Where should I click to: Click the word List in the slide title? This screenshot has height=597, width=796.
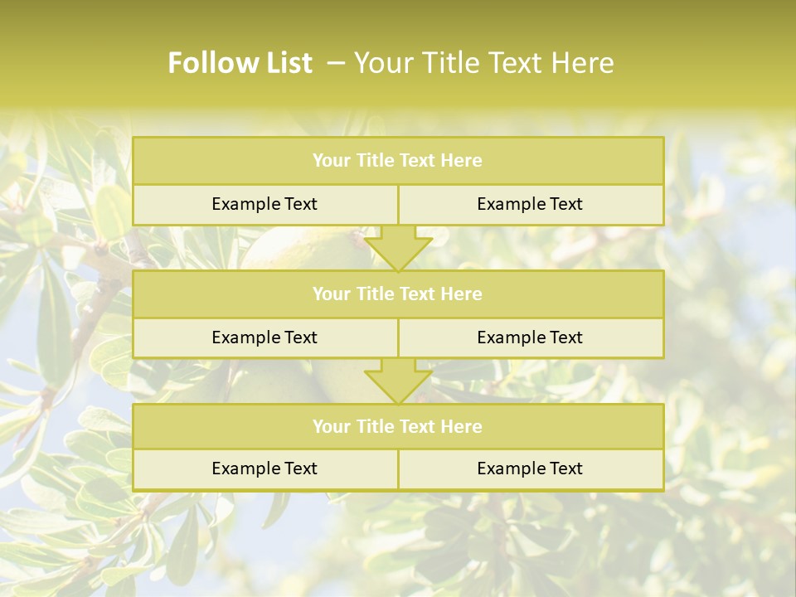[x=284, y=63]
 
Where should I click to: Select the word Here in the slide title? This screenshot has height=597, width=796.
[x=583, y=63]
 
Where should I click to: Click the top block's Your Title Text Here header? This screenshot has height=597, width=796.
[x=397, y=161]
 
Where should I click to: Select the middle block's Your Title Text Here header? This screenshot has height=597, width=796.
[x=397, y=294]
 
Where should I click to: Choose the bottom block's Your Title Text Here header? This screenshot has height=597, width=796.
[x=397, y=426]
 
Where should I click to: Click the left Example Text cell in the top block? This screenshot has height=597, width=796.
[x=265, y=204]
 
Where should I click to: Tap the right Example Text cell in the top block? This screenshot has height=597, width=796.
[x=530, y=204]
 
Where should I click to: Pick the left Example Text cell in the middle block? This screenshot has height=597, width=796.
[x=265, y=337]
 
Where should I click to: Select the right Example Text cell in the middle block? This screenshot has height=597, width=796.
[x=530, y=337]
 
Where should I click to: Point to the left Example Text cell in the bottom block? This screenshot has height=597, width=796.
[x=265, y=468]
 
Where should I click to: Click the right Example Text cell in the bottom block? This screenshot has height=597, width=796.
[x=530, y=468]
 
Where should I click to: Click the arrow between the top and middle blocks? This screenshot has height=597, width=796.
[x=398, y=249]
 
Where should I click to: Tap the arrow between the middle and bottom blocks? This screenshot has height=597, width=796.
[x=398, y=381]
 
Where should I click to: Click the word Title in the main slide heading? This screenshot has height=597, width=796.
[x=451, y=63]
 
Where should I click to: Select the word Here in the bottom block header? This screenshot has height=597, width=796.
[x=462, y=426]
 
